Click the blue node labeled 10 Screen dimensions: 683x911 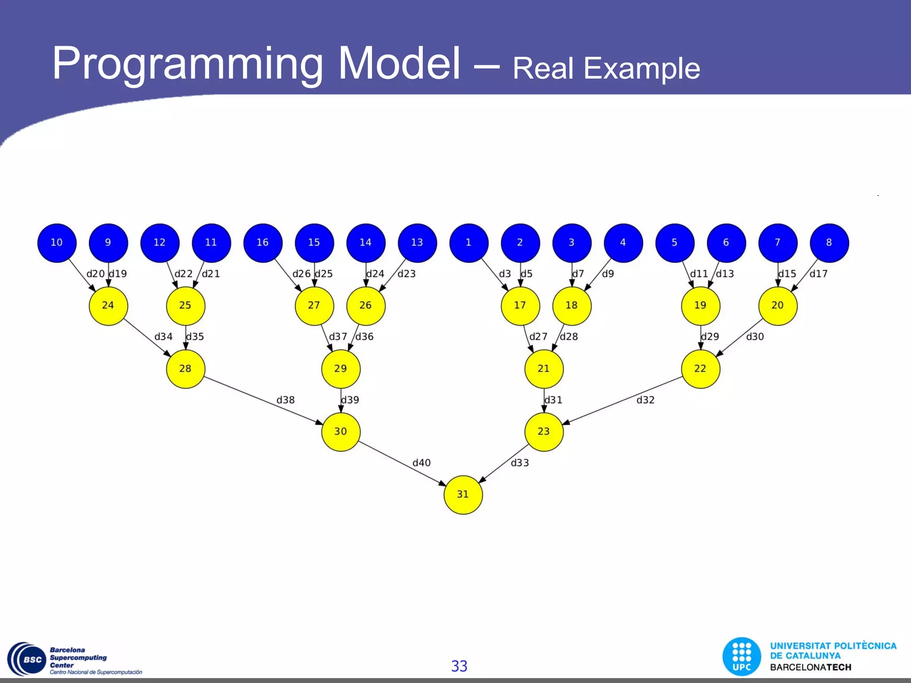(x=57, y=243)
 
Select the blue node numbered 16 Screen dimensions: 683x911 (x=263, y=243)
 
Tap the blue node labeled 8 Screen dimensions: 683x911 (x=829, y=243)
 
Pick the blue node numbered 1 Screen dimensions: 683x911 (x=469, y=243)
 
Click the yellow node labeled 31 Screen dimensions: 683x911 (x=463, y=495)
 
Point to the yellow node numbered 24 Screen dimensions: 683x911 (x=108, y=306)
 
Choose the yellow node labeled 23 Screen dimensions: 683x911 (x=544, y=432)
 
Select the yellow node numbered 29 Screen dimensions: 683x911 (x=341, y=369)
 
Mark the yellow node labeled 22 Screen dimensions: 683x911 (x=700, y=369)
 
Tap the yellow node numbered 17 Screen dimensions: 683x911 (x=520, y=306)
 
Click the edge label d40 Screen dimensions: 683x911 (x=421, y=463)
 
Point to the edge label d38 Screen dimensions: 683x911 (x=286, y=400)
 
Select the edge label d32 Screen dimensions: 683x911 (x=645, y=400)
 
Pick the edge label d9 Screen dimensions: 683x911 (x=608, y=274)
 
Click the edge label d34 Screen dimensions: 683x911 (x=163, y=337)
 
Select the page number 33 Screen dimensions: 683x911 (x=459, y=666)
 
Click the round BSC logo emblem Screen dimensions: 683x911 (x=28, y=660)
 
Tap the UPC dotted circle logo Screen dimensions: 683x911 (x=742, y=657)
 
